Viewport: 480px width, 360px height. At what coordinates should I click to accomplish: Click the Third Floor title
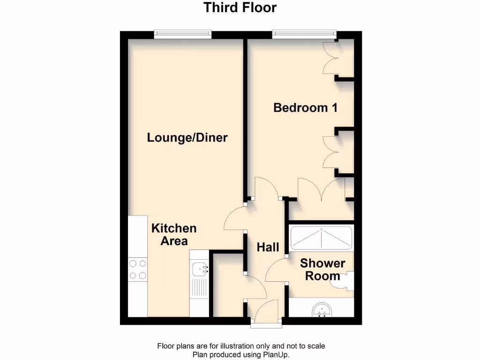pyautogui.click(x=240, y=8)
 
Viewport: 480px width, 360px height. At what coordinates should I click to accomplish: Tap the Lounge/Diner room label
pyautogui.click(x=187, y=138)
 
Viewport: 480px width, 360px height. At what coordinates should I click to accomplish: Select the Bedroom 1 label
pyautogui.click(x=306, y=108)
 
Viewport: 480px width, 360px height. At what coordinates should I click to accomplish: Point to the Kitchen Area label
pyautogui.click(x=174, y=235)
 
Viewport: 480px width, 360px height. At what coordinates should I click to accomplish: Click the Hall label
pyautogui.click(x=268, y=247)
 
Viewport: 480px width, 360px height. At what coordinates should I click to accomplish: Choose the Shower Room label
pyautogui.click(x=322, y=270)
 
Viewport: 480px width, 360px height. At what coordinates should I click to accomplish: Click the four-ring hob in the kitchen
pyautogui.click(x=138, y=270)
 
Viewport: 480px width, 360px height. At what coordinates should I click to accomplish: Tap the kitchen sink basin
pyautogui.click(x=200, y=269)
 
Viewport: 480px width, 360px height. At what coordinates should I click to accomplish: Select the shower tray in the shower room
pyautogui.click(x=321, y=239)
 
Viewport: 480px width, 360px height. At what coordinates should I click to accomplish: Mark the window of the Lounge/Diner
pyautogui.click(x=183, y=34)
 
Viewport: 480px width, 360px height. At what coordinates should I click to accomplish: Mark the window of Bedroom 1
pyautogui.click(x=304, y=34)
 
